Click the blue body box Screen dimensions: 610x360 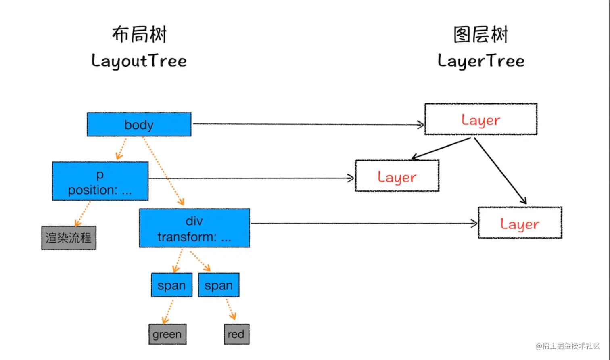(x=139, y=125)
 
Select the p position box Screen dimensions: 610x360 (x=100, y=181)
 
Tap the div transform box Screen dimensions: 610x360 (x=194, y=228)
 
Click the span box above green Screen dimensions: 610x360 (x=172, y=285)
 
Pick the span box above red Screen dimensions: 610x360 (x=219, y=285)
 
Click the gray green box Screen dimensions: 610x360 (x=167, y=334)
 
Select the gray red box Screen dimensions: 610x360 (x=237, y=334)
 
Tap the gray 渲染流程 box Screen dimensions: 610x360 (x=69, y=238)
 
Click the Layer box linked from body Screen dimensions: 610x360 (x=481, y=119)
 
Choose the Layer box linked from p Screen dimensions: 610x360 (x=397, y=176)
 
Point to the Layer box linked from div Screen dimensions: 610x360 (x=520, y=223)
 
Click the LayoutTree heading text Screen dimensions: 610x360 (x=139, y=61)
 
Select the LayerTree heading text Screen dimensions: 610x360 (x=481, y=61)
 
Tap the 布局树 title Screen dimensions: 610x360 (x=139, y=35)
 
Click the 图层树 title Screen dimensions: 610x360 (x=481, y=35)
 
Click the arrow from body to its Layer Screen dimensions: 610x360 (x=308, y=124)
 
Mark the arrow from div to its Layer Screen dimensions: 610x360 (x=364, y=224)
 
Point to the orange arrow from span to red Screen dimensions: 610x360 (x=231, y=309)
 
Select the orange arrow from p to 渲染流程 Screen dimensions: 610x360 (x=83, y=214)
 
